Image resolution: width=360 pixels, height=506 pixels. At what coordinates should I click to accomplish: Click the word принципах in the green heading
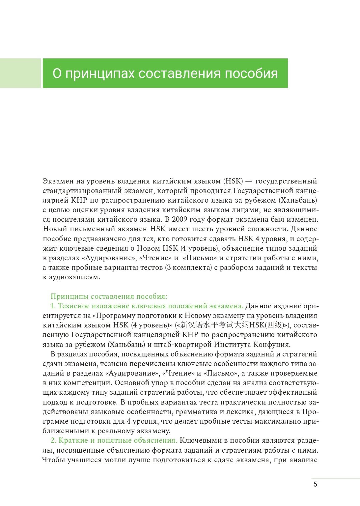tap(100, 73)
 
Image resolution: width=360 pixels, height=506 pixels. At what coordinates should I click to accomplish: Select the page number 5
tap(315, 484)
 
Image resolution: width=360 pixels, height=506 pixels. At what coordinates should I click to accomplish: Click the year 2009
tap(181, 219)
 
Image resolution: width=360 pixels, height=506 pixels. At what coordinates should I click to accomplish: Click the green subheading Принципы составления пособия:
tap(109, 296)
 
